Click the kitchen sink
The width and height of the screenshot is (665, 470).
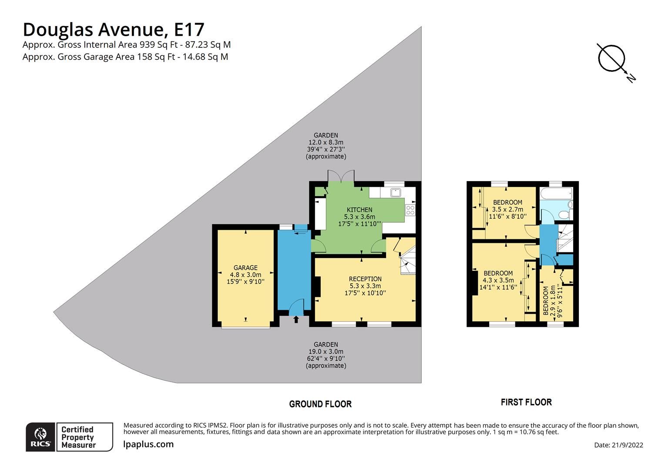tap(396, 192)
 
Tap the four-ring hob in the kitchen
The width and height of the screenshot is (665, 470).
tap(410, 210)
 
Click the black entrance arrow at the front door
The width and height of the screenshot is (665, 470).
tap(296, 320)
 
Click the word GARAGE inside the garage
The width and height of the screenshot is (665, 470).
tap(245, 268)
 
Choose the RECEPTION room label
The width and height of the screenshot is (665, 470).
tap(365, 279)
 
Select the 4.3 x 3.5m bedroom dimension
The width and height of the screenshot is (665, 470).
tap(498, 280)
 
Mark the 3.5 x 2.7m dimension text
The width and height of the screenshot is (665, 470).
tap(507, 209)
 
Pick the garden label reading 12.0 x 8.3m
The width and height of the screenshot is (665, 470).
tap(326, 142)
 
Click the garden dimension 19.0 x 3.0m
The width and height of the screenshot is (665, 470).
tap(326, 352)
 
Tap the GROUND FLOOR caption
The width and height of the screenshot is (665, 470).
tap(320, 404)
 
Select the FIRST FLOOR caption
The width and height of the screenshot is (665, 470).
tap(526, 403)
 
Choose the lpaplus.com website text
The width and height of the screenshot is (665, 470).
tap(148, 444)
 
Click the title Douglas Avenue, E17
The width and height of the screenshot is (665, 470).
tap(113, 30)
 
